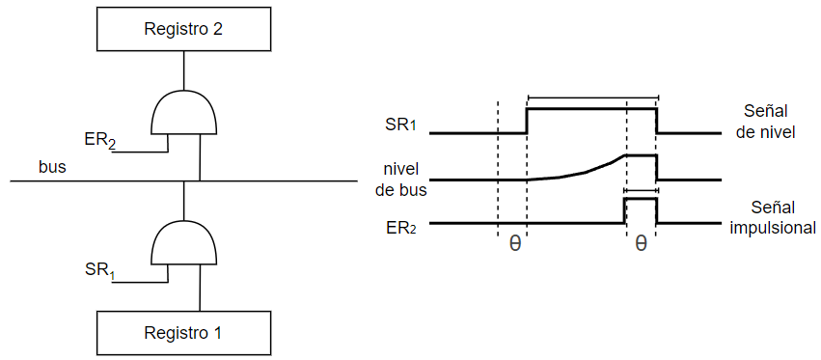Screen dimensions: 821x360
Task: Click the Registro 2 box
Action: [183, 29]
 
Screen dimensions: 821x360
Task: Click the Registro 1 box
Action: [183, 333]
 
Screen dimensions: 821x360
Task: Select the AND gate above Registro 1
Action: [183, 242]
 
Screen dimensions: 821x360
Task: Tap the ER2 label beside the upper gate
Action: [99, 142]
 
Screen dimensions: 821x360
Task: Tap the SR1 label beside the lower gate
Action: [99, 271]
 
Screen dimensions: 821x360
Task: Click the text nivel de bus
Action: [401, 180]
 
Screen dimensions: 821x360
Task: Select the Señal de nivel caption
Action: [765, 123]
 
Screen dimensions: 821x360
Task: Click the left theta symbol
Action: [515, 245]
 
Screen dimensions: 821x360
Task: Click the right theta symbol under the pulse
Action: [641, 245]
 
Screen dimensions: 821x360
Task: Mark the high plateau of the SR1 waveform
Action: [591, 109]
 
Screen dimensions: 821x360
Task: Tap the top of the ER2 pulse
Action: [641, 199]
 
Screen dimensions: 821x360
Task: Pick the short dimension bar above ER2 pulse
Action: [642, 191]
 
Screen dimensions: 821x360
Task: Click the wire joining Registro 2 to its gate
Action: [183, 70]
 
